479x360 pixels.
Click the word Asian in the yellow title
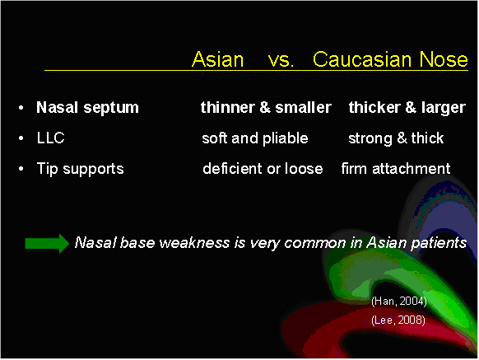tap(217, 59)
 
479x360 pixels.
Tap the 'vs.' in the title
tap(281, 60)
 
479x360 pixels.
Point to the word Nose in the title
tap(444, 58)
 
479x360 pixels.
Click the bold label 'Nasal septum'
tap(87, 108)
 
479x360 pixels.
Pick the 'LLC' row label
tap(51, 138)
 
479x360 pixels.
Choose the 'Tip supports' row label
tap(81, 169)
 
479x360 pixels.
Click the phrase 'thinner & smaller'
tap(266, 107)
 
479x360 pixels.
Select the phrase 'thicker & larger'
tap(407, 108)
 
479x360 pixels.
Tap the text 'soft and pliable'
tap(255, 138)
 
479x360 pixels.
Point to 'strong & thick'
tap(396, 138)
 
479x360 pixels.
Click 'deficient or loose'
tap(263, 169)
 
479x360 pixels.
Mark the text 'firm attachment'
tap(396, 169)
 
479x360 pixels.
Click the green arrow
tap(47, 244)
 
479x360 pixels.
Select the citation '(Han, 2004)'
tap(399, 302)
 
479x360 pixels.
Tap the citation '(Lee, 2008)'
tap(398, 320)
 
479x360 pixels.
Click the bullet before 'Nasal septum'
tap(21, 108)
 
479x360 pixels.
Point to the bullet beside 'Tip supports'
tap(21, 169)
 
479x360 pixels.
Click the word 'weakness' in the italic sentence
tap(194, 243)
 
